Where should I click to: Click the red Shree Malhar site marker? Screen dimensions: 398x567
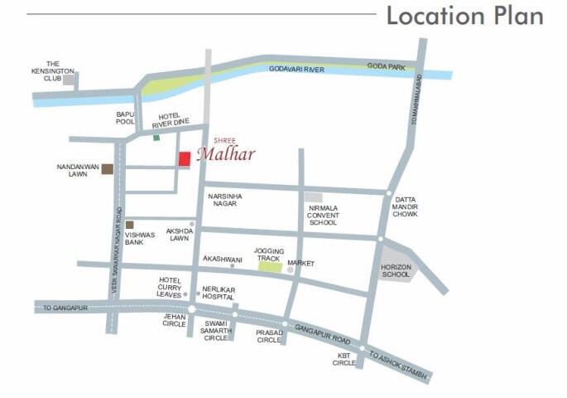[185, 159]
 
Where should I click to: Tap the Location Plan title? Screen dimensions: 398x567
[464, 16]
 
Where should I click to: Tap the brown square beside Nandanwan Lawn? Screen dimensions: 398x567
[108, 169]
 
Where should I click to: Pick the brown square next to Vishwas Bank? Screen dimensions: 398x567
[129, 225]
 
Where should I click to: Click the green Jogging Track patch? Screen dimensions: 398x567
[269, 267]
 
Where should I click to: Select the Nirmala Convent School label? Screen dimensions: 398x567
[323, 216]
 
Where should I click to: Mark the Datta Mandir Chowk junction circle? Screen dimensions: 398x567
[388, 193]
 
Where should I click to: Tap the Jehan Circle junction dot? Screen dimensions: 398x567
[191, 309]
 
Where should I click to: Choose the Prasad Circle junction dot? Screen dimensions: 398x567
[285, 324]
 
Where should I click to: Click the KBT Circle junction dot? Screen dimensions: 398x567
[362, 348]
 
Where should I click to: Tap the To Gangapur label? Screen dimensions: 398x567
[59, 308]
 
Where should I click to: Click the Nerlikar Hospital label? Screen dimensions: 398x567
[219, 293]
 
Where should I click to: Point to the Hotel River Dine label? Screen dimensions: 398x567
[171, 120]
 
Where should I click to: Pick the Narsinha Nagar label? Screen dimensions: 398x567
[224, 200]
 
